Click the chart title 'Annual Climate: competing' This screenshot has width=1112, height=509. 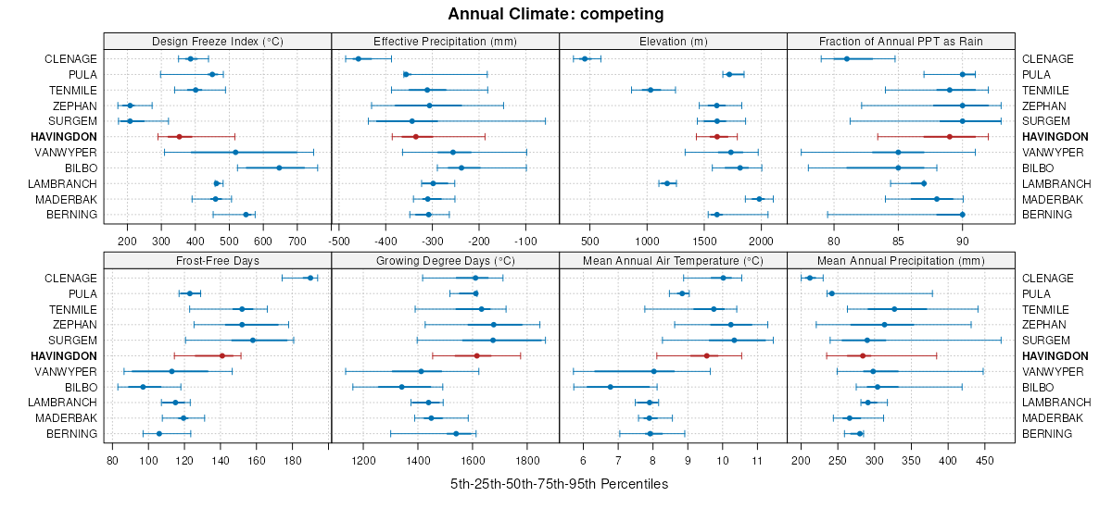tap(555, 14)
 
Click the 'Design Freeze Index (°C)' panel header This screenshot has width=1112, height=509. tap(218, 41)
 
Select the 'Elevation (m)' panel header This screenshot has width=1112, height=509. tap(673, 41)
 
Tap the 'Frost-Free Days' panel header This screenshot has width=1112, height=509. tap(218, 260)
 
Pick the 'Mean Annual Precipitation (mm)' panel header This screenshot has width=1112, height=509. tap(901, 260)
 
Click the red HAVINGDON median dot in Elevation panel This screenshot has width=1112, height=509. tap(716, 137)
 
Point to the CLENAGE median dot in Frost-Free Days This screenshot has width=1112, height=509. tap(310, 278)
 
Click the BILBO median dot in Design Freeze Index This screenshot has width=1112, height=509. tap(279, 168)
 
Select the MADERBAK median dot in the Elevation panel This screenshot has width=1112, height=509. tap(759, 199)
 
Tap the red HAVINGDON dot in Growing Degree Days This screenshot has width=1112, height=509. tap(477, 355)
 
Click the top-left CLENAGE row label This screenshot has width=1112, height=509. tap(70, 59)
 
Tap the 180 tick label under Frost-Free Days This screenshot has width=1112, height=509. tap(293, 460)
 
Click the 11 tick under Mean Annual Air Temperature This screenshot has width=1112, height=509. tap(757, 460)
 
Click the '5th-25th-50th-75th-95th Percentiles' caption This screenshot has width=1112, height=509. tap(559, 484)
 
